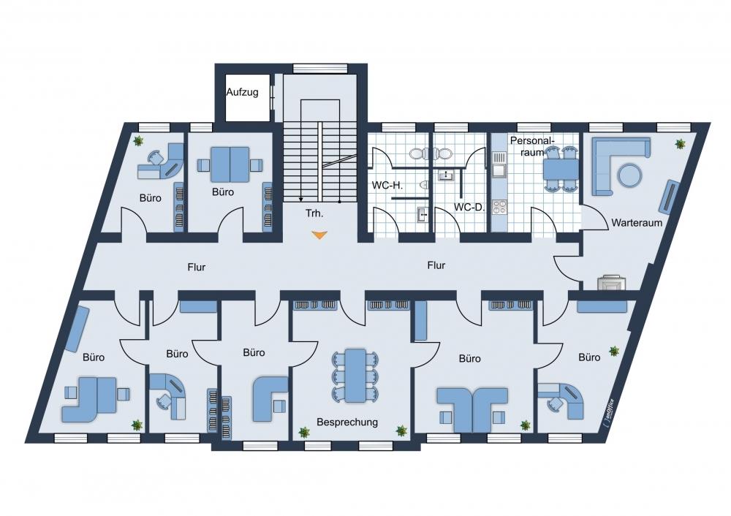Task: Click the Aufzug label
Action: point(242,92)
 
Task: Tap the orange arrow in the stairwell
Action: point(319,235)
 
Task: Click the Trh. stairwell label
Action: point(314,213)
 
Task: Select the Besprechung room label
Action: point(346,422)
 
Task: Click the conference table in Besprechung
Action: point(355,375)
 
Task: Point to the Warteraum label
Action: point(637,222)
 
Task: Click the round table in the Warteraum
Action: point(630,175)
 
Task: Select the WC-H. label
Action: point(387,185)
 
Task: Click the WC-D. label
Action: point(469,207)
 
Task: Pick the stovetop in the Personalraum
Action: point(499,207)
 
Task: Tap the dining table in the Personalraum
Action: point(561,169)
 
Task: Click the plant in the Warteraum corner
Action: point(680,144)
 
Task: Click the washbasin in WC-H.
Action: point(423,215)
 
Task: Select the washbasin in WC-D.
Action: point(446,175)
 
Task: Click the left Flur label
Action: point(196,268)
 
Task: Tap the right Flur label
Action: point(436,266)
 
